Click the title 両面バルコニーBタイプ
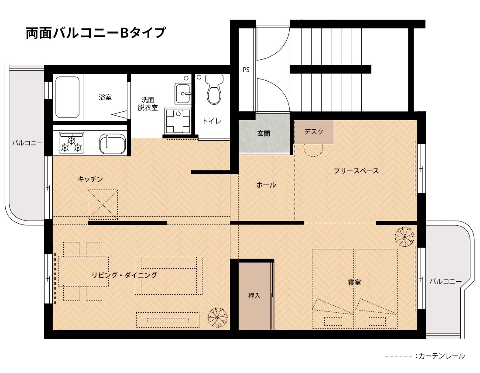click(96, 33)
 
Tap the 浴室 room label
click(105, 97)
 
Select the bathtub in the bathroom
click(68, 97)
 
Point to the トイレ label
click(212, 121)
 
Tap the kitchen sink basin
click(112, 144)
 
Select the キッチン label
click(90, 179)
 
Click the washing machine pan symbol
click(178, 121)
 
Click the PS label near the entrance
click(246, 70)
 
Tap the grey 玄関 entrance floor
click(264, 134)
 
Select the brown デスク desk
click(314, 132)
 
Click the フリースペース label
click(357, 171)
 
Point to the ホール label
click(266, 185)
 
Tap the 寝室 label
click(354, 282)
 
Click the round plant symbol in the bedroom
click(405, 237)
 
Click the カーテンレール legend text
click(442, 356)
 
